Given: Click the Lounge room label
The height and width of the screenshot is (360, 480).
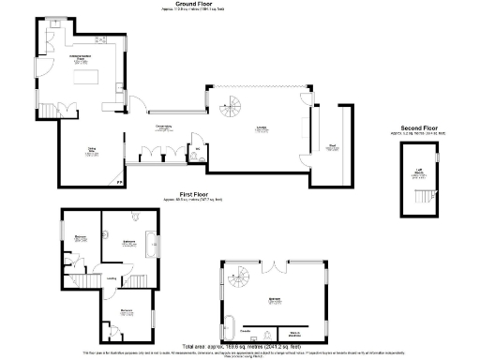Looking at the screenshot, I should point(260,129).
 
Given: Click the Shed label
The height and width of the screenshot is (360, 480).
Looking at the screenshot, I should point(332,145).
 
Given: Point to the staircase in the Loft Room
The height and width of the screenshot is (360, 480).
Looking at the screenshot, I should point(425,196).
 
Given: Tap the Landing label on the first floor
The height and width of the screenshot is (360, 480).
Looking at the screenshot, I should point(112,277).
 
